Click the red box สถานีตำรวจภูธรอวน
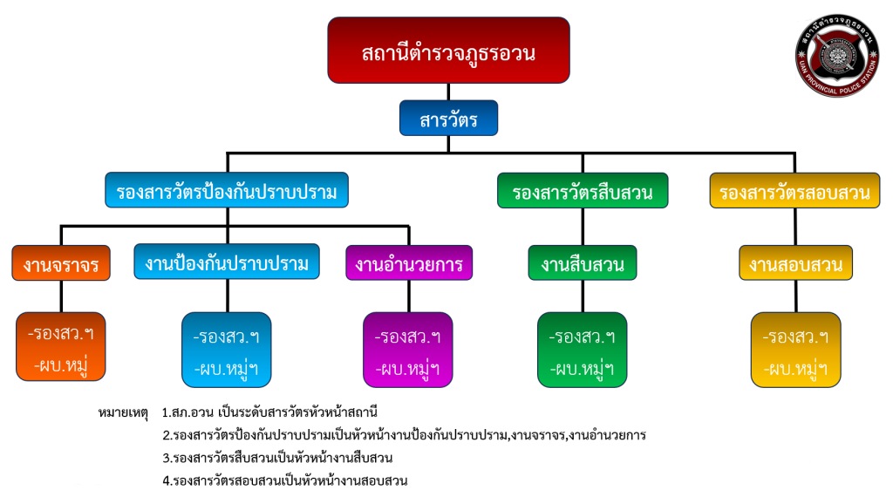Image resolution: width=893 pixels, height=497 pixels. tap(448, 51)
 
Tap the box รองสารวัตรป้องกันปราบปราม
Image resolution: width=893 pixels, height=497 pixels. tap(226, 191)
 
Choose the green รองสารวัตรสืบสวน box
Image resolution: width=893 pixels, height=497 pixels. tap(583, 191)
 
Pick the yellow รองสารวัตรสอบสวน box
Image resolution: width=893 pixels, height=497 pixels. tap(794, 191)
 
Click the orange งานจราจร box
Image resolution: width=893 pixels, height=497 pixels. tap(61, 262)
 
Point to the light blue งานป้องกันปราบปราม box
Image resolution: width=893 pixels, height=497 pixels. tap(227, 262)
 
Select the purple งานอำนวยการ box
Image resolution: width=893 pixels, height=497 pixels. tap(409, 262)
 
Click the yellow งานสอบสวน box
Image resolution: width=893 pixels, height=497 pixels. tap(794, 262)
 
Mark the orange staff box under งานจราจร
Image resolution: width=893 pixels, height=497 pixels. tap(61, 346)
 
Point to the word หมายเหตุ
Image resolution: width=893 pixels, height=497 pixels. tap(124, 412)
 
